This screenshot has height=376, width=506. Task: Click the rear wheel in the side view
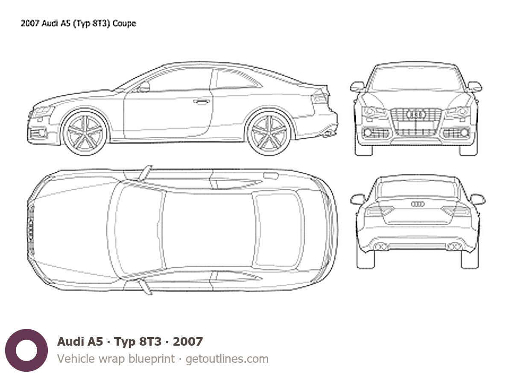click(x=269, y=133)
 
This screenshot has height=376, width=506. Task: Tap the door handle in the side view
click(x=202, y=102)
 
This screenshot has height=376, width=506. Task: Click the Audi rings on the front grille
click(x=416, y=114)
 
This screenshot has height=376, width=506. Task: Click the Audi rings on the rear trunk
click(x=418, y=204)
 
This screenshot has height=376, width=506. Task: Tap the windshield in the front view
click(x=416, y=79)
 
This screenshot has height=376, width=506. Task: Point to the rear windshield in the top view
click(x=278, y=230)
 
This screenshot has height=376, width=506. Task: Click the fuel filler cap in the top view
click(x=271, y=176)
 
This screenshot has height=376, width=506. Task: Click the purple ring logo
click(x=26, y=350)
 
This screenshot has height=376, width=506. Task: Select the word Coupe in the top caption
click(x=124, y=23)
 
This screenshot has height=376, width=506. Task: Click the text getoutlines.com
click(x=227, y=359)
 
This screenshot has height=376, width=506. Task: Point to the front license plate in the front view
click(x=416, y=125)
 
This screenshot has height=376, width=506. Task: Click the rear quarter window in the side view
click(x=237, y=79)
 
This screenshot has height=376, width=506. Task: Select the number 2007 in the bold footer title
click(x=188, y=342)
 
